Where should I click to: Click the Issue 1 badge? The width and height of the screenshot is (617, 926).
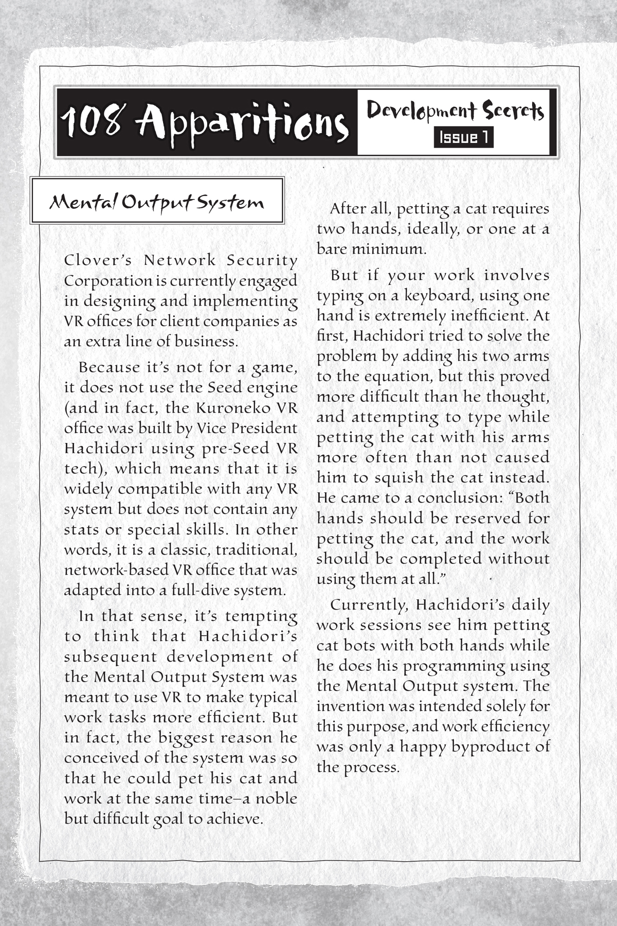click(463, 138)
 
